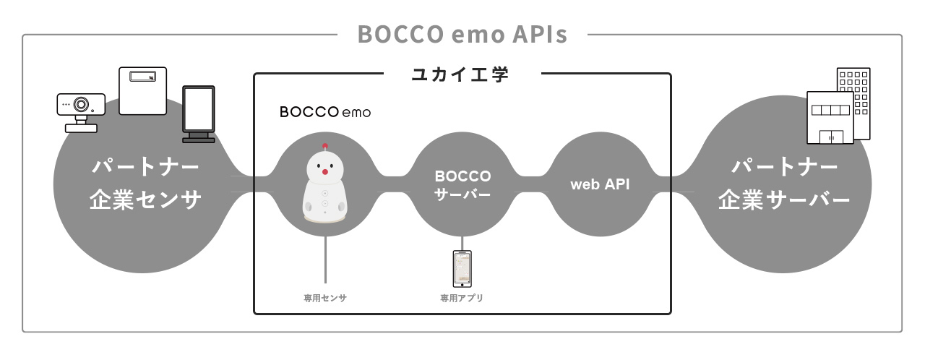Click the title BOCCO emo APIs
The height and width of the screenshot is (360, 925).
point(462,35)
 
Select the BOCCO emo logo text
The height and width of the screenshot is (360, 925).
point(325,113)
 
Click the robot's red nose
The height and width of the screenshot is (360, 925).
point(325,172)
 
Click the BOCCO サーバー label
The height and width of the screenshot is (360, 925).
point(462,185)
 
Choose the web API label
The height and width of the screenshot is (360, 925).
point(600,184)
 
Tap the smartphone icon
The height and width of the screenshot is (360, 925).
point(462,269)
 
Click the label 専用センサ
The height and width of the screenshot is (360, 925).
point(325,298)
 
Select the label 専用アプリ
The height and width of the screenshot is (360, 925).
point(462,298)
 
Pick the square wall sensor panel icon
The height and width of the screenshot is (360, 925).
point(142,91)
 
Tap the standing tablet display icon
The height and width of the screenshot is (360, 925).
point(198,114)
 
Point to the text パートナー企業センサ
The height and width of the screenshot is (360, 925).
point(145,184)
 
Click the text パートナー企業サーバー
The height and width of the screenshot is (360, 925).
point(784,184)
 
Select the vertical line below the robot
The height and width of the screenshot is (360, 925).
point(325,257)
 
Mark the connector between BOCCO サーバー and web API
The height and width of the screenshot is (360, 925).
point(531,184)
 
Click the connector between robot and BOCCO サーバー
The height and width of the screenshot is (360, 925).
point(394,184)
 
